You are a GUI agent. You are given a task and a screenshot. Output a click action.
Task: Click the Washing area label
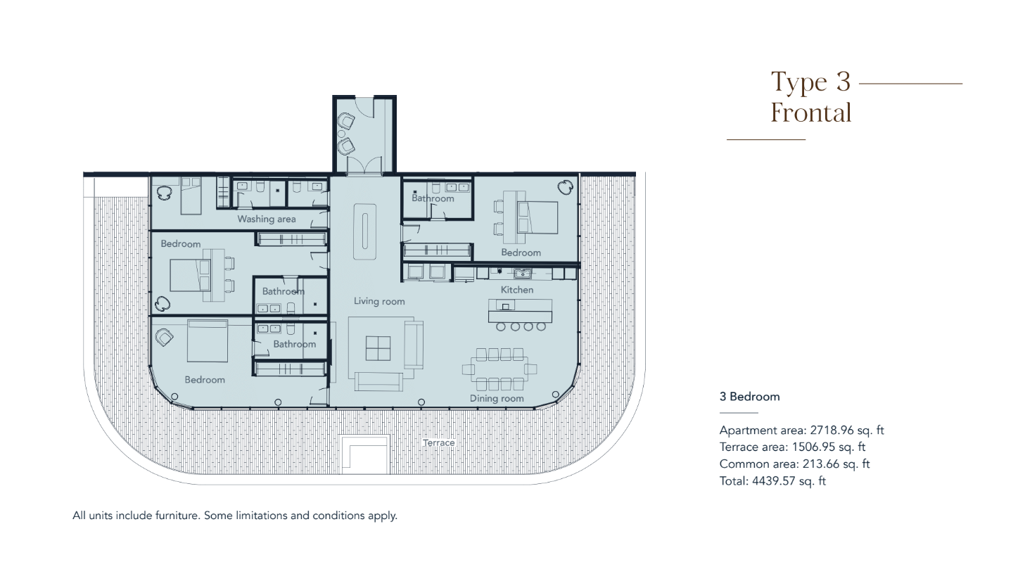(267, 219)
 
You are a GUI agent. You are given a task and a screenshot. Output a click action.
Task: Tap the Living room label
(379, 301)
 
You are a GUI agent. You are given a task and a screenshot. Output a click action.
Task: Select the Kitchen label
(516, 290)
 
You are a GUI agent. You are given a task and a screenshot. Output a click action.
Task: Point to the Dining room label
(497, 398)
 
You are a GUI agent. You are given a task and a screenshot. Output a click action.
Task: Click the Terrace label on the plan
(438, 442)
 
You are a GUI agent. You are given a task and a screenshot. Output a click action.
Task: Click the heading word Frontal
(811, 113)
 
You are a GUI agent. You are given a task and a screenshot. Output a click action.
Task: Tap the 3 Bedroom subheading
(749, 397)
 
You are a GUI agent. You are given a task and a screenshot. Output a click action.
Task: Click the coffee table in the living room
(378, 348)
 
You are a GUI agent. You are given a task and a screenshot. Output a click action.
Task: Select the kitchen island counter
(520, 310)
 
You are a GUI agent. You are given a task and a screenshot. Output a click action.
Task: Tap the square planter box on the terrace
(365, 455)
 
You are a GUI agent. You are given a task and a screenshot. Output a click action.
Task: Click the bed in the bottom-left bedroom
(208, 340)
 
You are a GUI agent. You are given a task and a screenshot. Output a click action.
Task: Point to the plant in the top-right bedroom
(566, 188)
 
